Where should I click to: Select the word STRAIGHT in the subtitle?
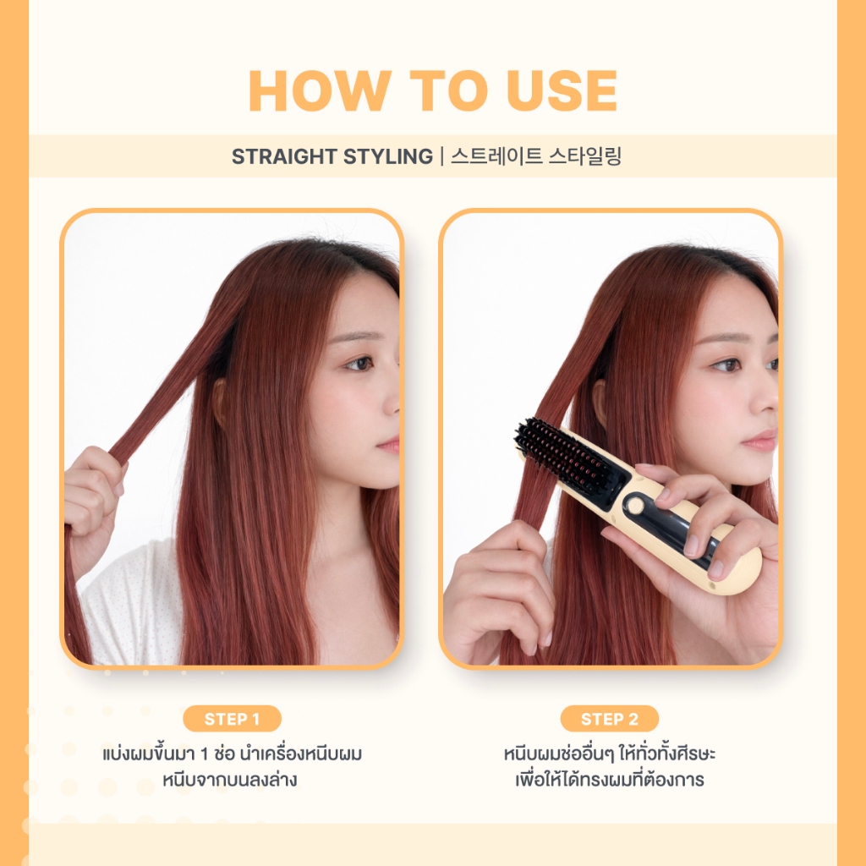coord(284,156)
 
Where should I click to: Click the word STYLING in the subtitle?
coord(387,156)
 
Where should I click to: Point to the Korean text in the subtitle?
coord(536,156)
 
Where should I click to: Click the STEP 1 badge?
coord(232,719)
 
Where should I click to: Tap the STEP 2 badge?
coord(610,719)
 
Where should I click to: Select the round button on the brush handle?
coord(635,505)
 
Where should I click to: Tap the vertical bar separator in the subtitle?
coord(441,156)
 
